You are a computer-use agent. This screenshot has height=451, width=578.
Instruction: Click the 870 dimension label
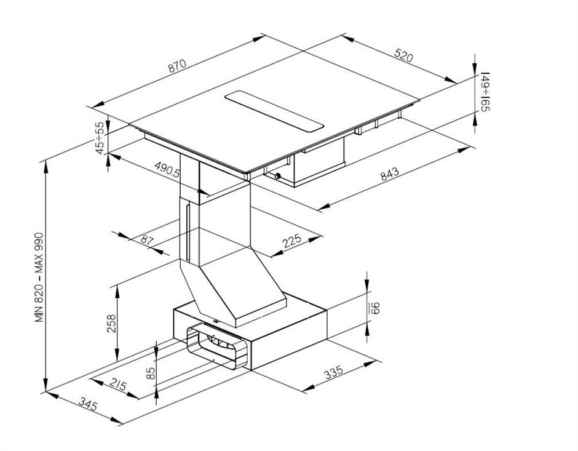[x=177, y=65]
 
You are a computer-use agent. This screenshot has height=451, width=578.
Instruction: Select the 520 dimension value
[x=404, y=55]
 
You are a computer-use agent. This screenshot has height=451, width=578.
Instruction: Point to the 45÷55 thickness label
[x=100, y=138]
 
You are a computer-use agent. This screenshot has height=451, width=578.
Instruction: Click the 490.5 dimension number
[x=167, y=169]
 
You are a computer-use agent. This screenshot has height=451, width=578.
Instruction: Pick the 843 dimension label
[x=389, y=174]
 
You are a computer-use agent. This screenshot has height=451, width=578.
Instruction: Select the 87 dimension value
[x=147, y=240]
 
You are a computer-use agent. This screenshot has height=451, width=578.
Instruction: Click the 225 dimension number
[x=291, y=241]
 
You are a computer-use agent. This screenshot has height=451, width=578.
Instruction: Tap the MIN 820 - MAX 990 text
[x=39, y=277]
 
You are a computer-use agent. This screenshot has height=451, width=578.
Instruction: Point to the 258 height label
[x=111, y=324]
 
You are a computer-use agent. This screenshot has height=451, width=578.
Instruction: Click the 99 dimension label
[x=374, y=308]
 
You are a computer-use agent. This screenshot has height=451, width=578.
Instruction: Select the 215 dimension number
[x=117, y=385]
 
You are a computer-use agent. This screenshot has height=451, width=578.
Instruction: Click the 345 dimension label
[x=89, y=404]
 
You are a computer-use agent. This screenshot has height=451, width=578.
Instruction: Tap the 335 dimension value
[x=334, y=372]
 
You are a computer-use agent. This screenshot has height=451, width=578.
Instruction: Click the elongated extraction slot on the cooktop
[x=274, y=111]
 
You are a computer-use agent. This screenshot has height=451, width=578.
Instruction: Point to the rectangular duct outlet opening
[x=217, y=348]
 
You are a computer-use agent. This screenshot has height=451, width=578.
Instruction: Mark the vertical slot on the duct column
[x=188, y=233]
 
